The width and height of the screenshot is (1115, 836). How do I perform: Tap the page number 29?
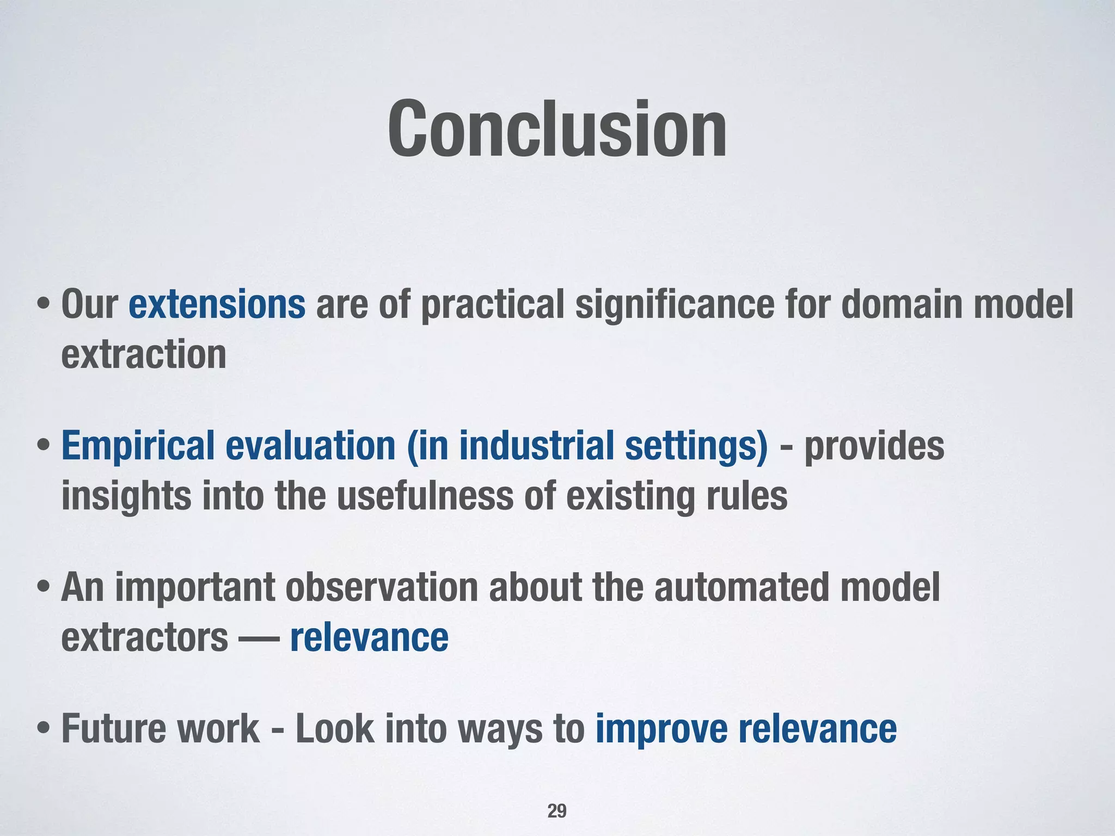[556, 810]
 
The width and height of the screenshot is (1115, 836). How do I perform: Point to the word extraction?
[144, 354]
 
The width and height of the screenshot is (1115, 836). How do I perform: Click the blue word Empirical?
[138, 446]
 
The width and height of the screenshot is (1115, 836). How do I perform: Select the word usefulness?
[425, 496]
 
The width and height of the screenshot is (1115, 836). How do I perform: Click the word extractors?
[145, 637]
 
